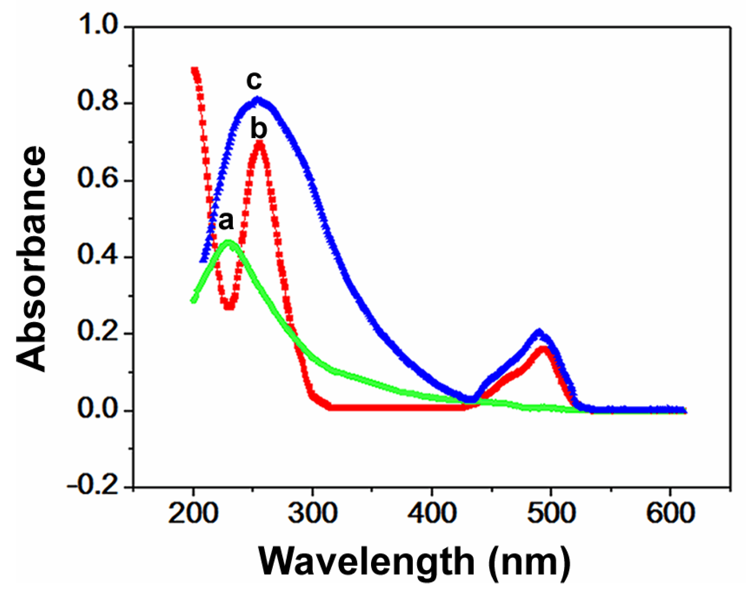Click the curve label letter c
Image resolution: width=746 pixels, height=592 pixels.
click(x=254, y=81)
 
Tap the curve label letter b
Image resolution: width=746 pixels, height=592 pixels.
click(x=259, y=129)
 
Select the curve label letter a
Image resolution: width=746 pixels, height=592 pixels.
click(x=226, y=221)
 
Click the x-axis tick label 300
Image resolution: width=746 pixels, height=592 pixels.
click(x=312, y=513)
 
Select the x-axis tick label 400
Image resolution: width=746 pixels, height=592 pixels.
click(x=432, y=513)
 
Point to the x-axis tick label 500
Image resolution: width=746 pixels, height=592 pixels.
click(x=551, y=513)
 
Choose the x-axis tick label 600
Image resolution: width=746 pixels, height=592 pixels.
click(x=670, y=513)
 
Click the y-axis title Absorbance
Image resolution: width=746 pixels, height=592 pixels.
click(x=31, y=259)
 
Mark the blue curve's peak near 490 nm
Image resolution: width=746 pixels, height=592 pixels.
click(x=539, y=332)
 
